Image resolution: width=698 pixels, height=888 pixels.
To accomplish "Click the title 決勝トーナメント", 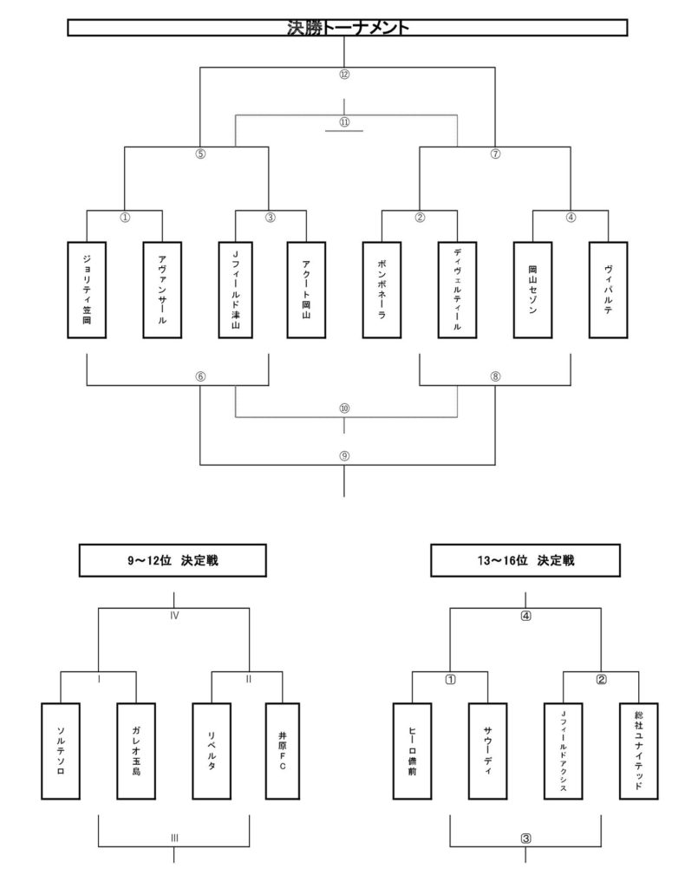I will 348,28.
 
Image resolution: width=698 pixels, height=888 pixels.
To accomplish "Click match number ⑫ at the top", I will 344,75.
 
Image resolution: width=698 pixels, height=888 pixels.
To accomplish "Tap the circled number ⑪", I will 344,122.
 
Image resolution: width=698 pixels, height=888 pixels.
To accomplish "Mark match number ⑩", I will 344,408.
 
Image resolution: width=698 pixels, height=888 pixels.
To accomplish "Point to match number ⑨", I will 344,456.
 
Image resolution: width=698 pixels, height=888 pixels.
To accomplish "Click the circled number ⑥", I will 200,376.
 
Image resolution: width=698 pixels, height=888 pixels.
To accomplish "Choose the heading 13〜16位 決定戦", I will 526,561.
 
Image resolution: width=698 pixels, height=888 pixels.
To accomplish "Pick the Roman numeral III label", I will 173,839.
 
